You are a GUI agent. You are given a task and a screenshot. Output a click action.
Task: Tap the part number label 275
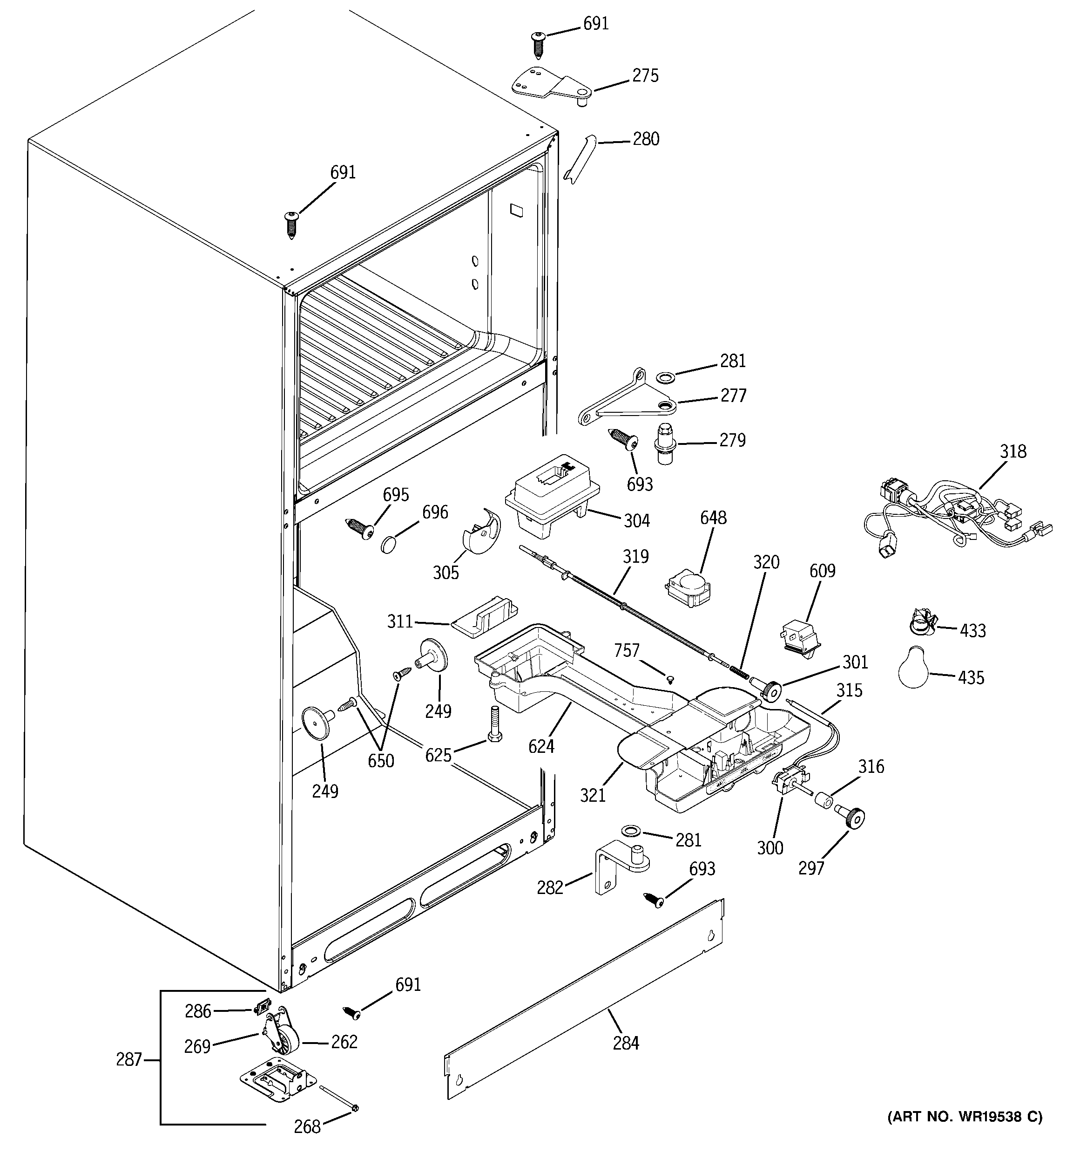(645, 75)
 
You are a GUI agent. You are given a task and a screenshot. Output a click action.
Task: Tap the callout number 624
(541, 746)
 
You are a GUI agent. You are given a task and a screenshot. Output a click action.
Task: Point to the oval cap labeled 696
(390, 544)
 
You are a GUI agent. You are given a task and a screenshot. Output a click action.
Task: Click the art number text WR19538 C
(965, 1117)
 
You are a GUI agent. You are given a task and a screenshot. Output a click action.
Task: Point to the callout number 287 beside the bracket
(128, 1060)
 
